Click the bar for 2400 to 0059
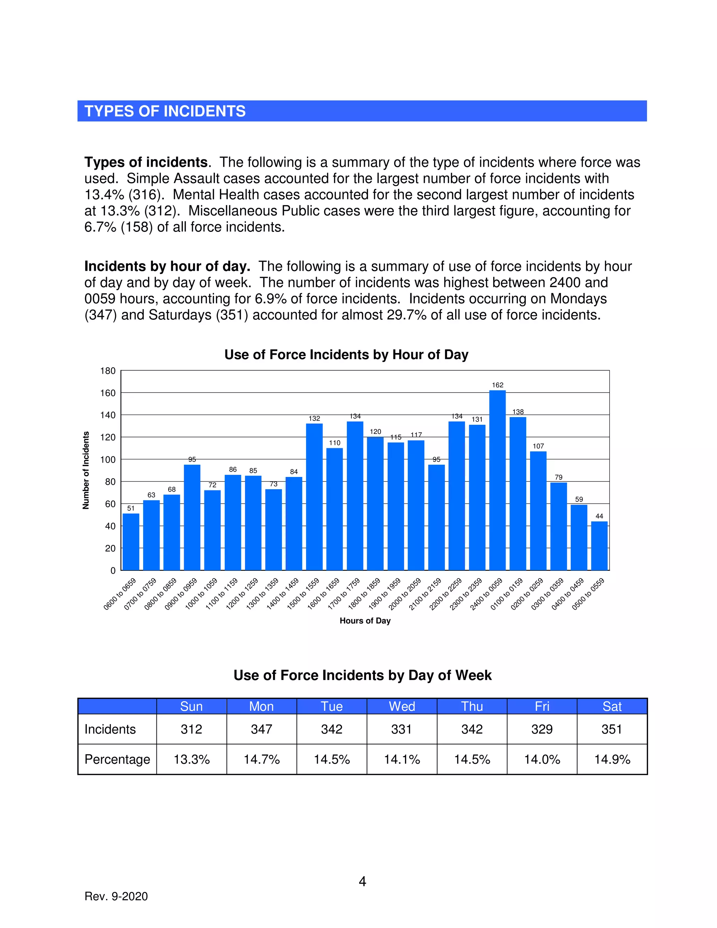[x=497, y=480]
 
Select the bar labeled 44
[x=599, y=546]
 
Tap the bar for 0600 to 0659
[x=131, y=542]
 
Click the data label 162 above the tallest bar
[x=497, y=385]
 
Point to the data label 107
[x=538, y=446]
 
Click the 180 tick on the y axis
[x=108, y=371]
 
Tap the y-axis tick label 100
[x=108, y=460]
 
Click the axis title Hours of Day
[x=365, y=621]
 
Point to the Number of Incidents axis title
[x=86, y=470]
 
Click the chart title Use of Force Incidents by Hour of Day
[x=346, y=355]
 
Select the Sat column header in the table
[x=612, y=707]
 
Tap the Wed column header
[x=402, y=707]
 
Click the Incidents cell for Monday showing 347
[x=261, y=729]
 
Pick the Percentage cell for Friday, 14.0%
[x=542, y=759]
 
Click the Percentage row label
[x=117, y=759]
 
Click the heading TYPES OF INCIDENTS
[x=165, y=111]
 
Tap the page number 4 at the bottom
[x=362, y=882]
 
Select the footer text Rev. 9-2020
[x=116, y=896]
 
